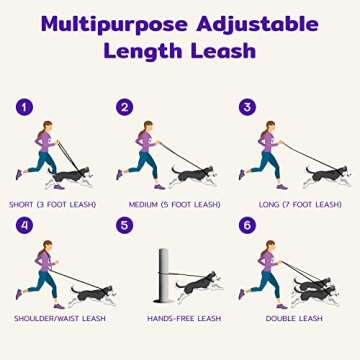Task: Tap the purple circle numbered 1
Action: coord(24,107)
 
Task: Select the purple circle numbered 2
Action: coord(125,107)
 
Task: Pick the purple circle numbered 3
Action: coord(244,107)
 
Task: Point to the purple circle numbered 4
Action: coord(24,226)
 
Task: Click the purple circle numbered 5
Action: coord(125,226)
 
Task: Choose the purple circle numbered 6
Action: coord(244,226)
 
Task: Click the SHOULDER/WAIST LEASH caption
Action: coord(59,319)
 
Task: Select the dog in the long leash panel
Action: coord(325,174)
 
